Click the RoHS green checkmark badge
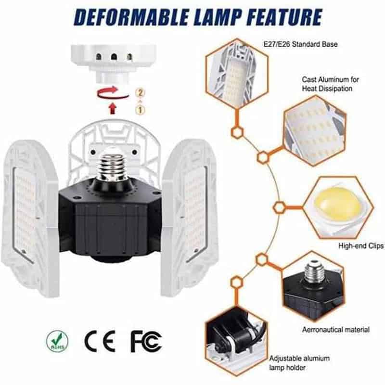pyautogui.click(x=57, y=341)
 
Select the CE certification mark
pyautogui.click(x=100, y=341)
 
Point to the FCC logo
pyautogui.click(x=146, y=341)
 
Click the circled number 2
pyautogui.click(x=140, y=93)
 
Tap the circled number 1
pyautogui.click(x=140, y=110)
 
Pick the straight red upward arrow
pyautogui.click(x=113, y=108)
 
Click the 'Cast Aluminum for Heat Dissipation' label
pyautogui.click(x=330, y=84)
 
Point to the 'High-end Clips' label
pyautogui.click(x=361, y=246)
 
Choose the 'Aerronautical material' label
pyautogui.click(x=335, y=330)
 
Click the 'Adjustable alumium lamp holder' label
pyautogui.click(x=299, y=363)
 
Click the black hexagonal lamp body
pyautogui.click(x=111, y=222)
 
